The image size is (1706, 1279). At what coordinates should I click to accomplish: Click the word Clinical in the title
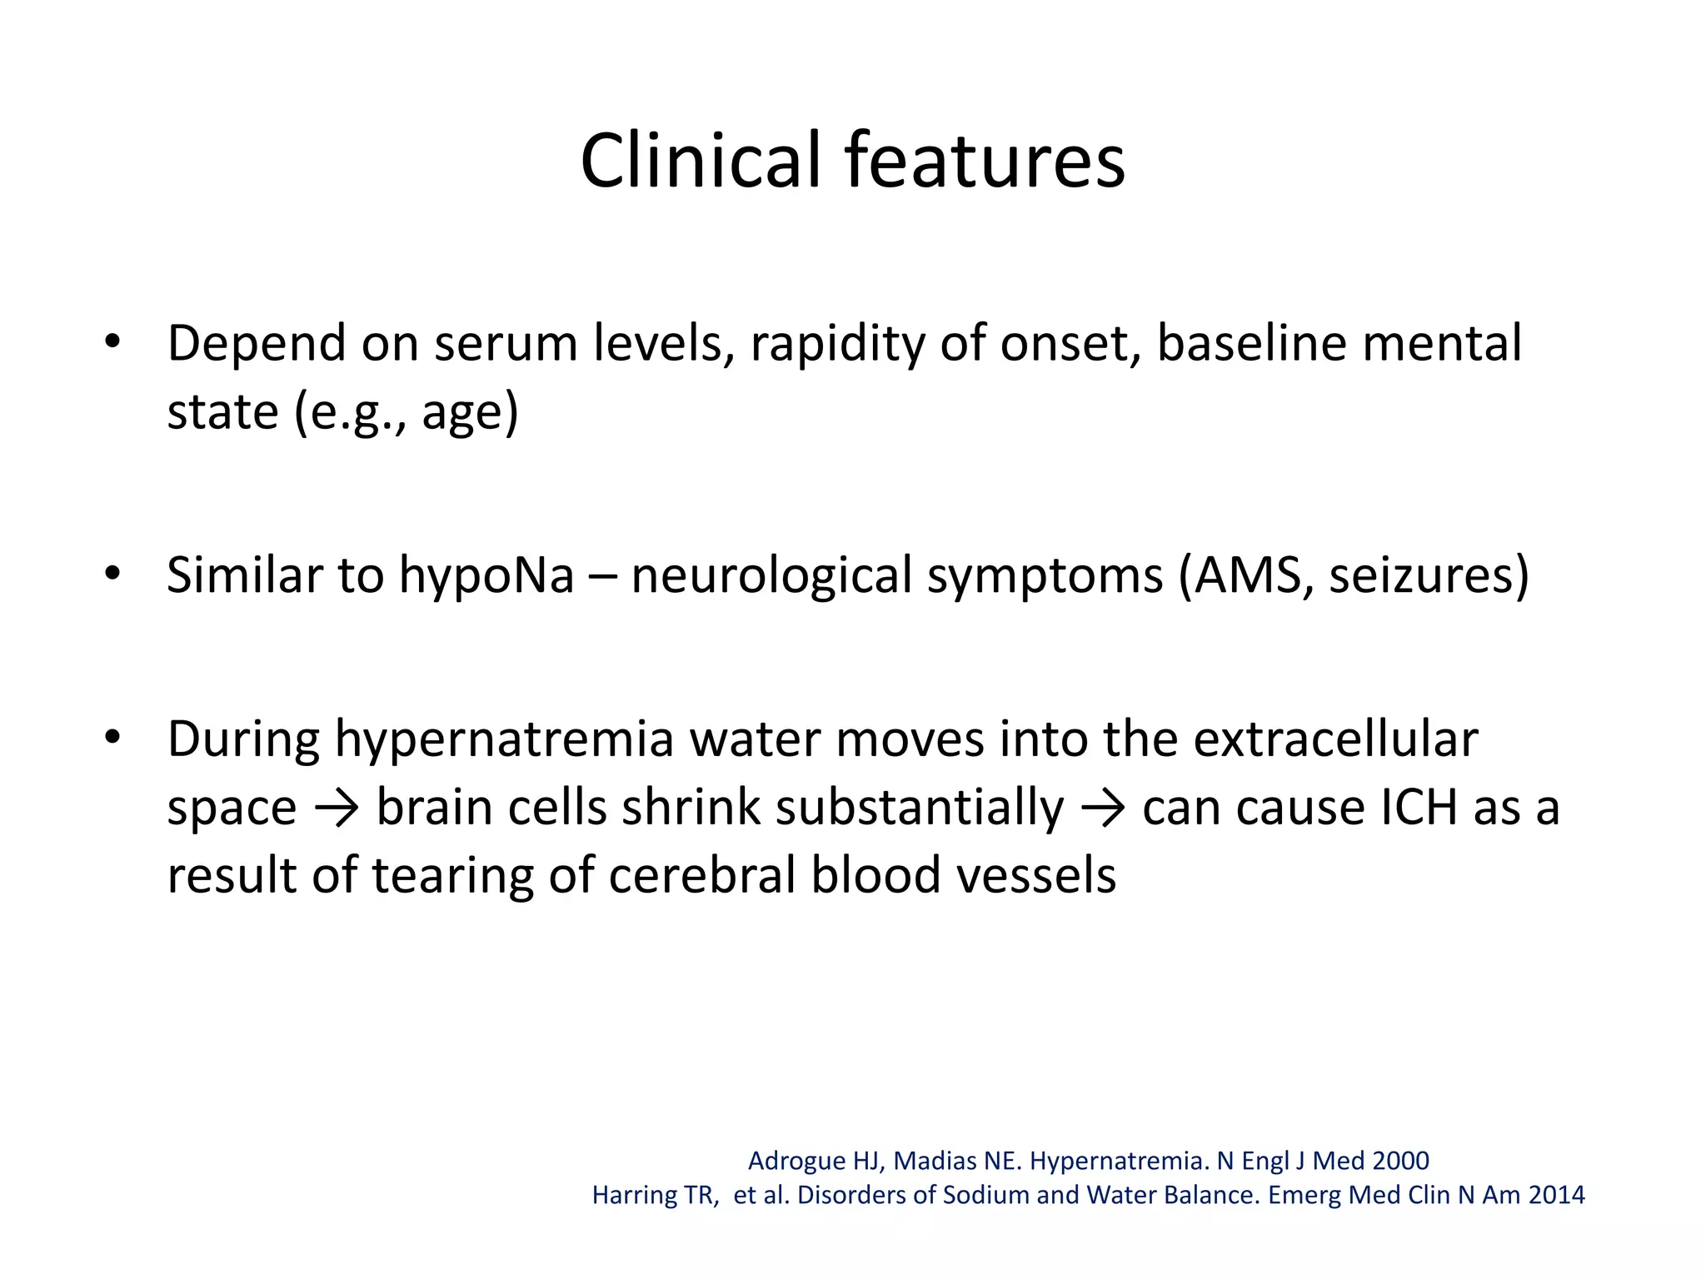coord(700,160)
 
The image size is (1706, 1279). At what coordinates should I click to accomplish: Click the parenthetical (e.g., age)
coord(406,412)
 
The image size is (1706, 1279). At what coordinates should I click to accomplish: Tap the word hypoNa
coord(486,575)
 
